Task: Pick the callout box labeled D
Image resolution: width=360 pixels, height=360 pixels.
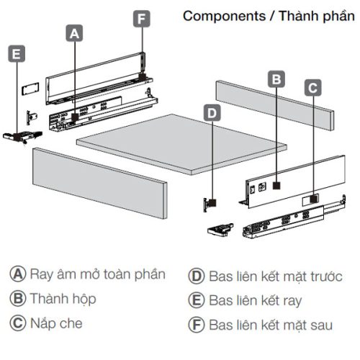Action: (x=212, y=112)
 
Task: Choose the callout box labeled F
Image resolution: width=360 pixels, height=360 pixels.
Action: (x=142, y=18)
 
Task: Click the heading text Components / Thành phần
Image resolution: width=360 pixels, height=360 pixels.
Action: (x=268, y=16)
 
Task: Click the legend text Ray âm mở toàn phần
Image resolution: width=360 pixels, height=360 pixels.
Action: (x=98, y=274)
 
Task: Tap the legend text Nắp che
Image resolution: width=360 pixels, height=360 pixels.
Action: (x=56, y=323)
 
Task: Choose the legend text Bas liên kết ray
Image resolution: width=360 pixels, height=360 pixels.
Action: (x=256, y=300)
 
